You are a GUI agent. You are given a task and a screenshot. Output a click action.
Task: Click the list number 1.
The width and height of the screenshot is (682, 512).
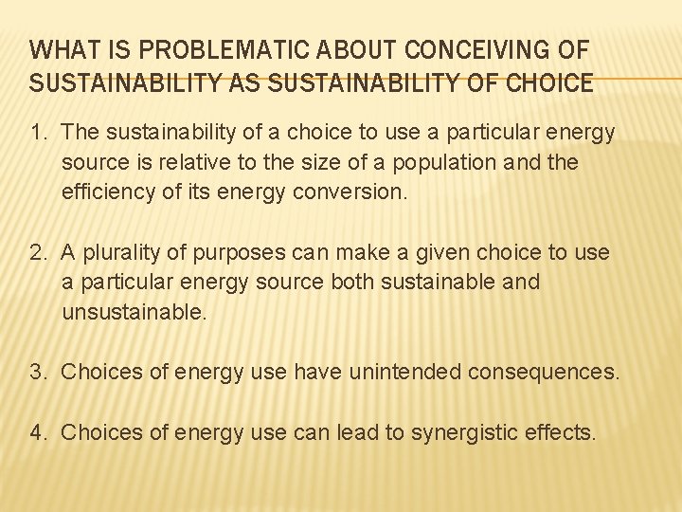36,133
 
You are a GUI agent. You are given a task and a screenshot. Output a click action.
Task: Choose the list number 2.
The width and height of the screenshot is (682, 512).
38,253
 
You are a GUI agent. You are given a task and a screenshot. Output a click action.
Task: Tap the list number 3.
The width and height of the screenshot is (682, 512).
38,373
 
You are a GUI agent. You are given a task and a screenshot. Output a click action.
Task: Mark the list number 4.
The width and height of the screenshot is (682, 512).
38,433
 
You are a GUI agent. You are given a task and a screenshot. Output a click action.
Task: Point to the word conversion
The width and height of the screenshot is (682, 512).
357,192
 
